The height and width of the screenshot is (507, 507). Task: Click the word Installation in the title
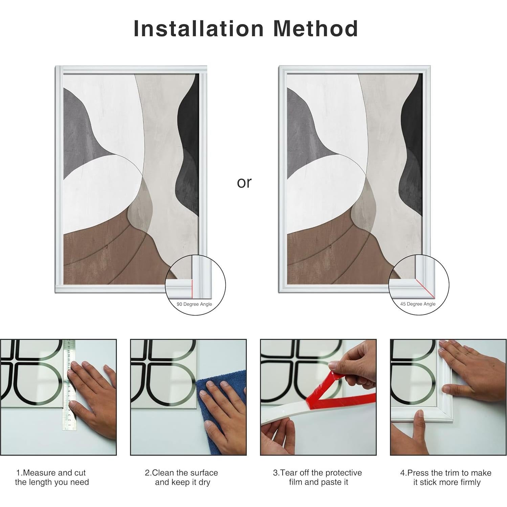[198, 28]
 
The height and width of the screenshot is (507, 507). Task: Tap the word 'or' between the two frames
[244, 182]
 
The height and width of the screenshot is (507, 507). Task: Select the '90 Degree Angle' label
[194, 304]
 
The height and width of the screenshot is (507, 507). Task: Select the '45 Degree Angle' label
[418, 304]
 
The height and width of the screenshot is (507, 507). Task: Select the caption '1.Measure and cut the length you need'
[52, 478]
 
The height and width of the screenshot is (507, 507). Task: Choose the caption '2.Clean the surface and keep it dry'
[182, 478]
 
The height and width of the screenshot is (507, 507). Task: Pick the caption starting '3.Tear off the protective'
[317, 478]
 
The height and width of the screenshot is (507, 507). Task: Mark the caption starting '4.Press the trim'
[446, 478]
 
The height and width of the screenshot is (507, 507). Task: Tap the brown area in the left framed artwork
[102, 257]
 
